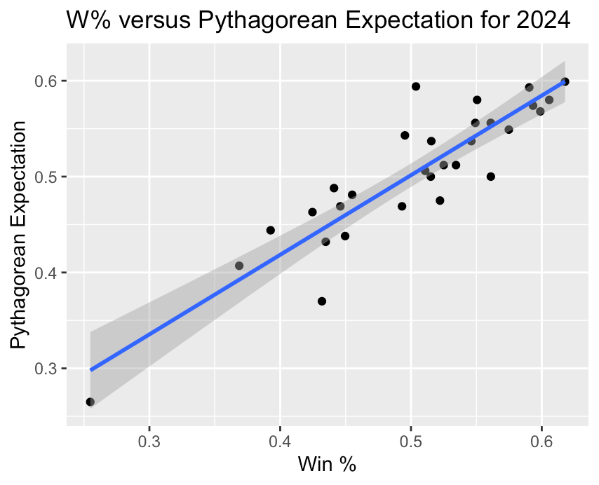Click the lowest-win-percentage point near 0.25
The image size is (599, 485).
[90, 402]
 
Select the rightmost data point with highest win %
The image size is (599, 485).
[565, 82]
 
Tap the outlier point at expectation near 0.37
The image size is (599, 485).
[322, 301]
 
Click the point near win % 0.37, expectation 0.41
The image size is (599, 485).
[239, 266]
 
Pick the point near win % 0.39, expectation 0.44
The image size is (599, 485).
[271, 230]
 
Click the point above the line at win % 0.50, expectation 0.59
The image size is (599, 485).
[416, 86]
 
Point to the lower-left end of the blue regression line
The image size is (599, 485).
[90, 369]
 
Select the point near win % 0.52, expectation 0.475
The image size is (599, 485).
[440, 200]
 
